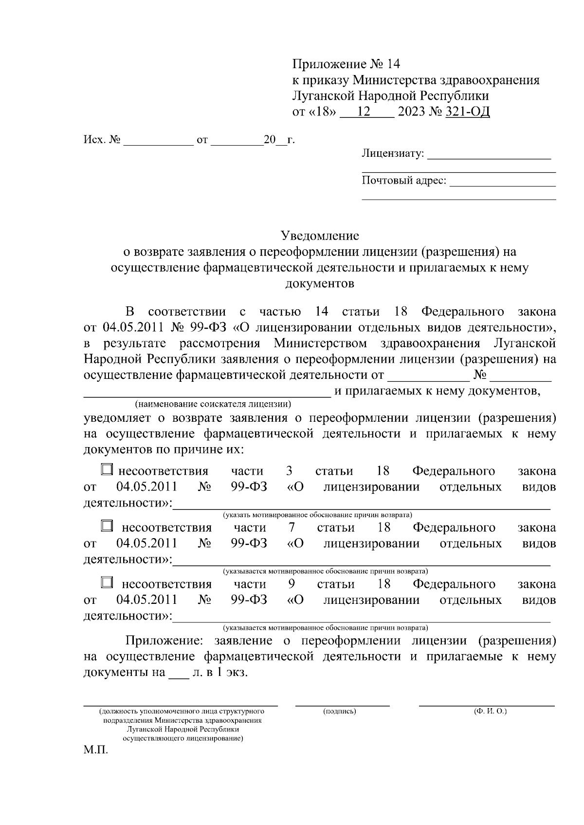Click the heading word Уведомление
(x=320, y=236)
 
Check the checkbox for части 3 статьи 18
(x=107, y=469)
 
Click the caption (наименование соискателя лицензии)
(x=214, y=404)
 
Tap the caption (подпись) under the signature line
(x=340, y=712)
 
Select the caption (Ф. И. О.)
(x=490, y=712)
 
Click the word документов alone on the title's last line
(x=320, y=283)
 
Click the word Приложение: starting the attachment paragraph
(x=163, y=640)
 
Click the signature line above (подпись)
(x=342, y=704)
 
